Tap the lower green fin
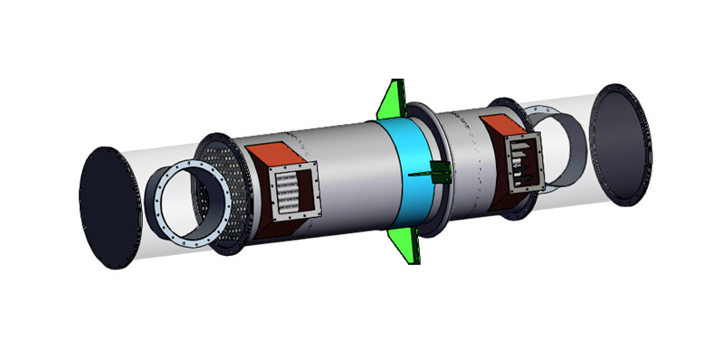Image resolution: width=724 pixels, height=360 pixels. click(403, 244)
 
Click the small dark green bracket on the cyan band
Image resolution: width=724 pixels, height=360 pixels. click(442, 172)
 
